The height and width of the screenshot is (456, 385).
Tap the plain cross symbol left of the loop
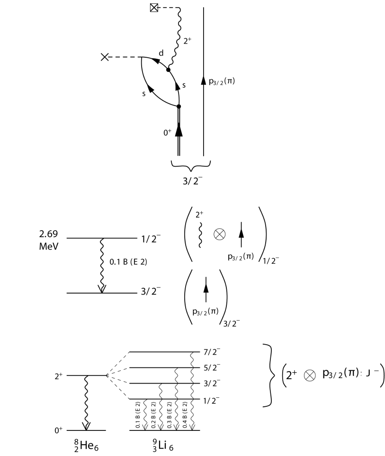click(x=105, y=57)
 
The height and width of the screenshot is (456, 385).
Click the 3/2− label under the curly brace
click(x=193, y=183)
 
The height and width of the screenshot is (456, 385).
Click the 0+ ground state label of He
click(x=57, y=431)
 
